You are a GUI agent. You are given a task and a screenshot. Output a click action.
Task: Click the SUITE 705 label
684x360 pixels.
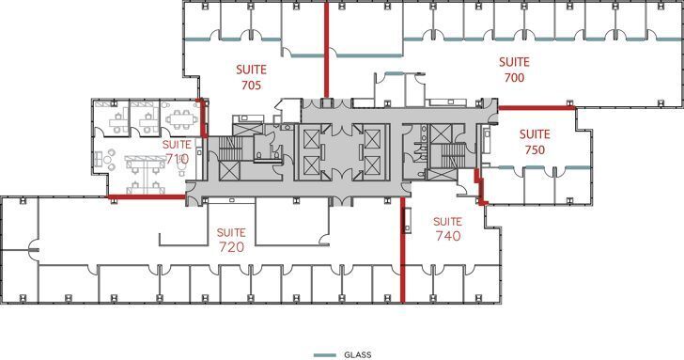pos(249,77)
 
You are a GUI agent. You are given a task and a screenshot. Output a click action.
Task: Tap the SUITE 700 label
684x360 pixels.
pos(514,70)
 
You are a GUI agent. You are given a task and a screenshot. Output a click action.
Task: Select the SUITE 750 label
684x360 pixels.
pos(535,141)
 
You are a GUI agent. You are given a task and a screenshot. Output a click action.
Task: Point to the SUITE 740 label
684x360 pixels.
pos(448,228)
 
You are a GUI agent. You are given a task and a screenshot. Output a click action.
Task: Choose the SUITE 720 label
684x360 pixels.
pos(231,240)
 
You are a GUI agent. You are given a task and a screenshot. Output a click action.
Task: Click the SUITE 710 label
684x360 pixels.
pos(177,152)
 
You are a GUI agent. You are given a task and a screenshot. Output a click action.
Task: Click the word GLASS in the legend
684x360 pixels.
pos(357,354)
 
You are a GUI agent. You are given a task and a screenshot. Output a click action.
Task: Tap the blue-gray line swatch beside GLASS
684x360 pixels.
pos(324,354)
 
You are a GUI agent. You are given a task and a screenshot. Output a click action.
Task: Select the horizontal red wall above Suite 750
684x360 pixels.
pos(536,108)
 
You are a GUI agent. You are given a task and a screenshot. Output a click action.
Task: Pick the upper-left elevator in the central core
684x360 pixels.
pos(311,138)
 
